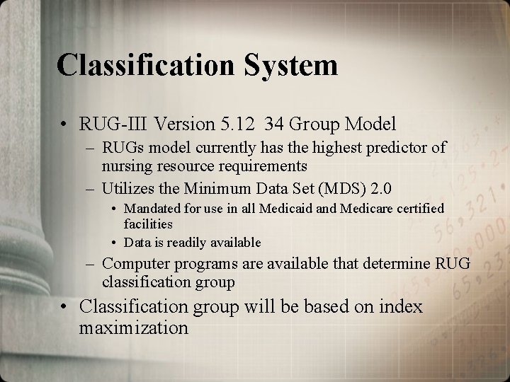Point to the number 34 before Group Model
[275, 125]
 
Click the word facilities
[148, 224]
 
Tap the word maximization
[134, 329]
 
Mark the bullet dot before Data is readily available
[115, 243]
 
